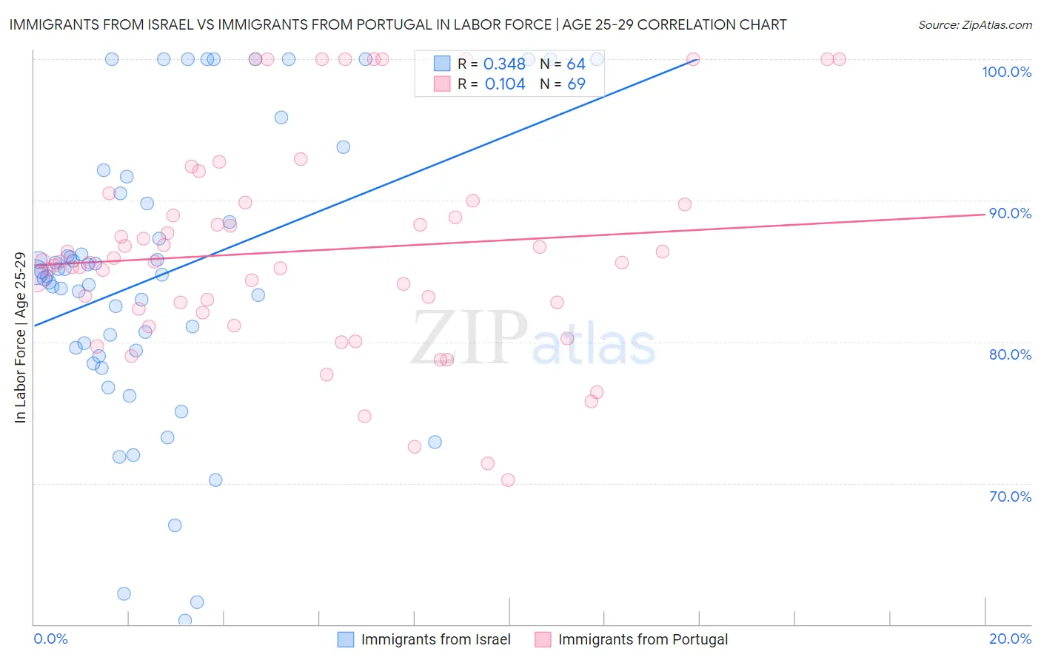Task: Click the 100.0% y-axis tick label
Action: (1006, 72)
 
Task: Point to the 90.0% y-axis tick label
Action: (1010, 213)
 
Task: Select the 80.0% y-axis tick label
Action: (1010, 354)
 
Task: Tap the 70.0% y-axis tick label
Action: (1010, 496)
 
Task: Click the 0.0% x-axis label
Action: (50, 639)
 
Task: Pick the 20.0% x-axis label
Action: (1010, 639)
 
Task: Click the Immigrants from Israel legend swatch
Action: (346, 639)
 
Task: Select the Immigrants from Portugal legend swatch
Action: (543, 639)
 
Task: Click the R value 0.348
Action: (504, 64)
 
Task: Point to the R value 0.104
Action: (504, 84)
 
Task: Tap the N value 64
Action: (576, 64)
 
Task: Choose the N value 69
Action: (576, 84)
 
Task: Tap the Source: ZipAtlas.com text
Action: (974, 24)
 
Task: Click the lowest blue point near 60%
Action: (185, 620)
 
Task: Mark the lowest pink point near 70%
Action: (508, 479)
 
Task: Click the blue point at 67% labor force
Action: (175, 525)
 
